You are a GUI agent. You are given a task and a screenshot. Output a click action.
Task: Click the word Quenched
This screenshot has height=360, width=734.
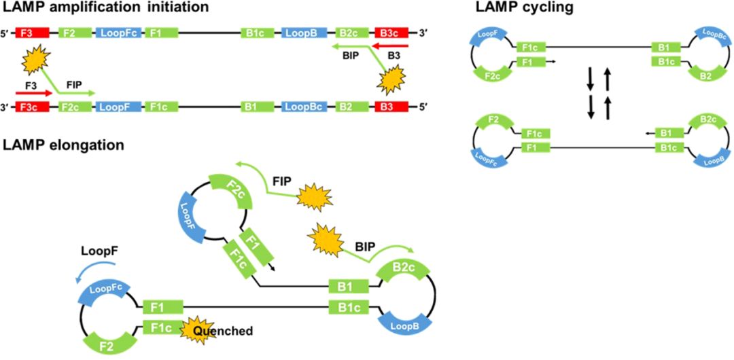point(222,331)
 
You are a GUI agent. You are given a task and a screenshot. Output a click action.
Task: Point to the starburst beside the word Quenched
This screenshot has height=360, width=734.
point(194,329)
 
